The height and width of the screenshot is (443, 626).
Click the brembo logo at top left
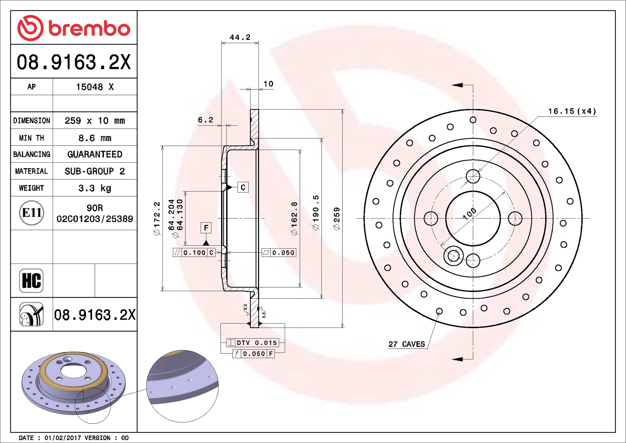click(74, 28)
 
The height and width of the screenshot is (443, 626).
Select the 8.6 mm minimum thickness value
click(95, 138)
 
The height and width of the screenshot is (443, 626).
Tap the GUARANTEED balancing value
click(95, 154)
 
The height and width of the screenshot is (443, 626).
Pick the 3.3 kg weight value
click(95, 188)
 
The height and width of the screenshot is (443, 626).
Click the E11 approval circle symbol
click(32, 213)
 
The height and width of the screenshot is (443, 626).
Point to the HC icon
click(31, 280)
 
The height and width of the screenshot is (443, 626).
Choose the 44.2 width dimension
click(240, 37)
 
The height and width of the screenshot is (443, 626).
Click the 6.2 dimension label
click(206, 120)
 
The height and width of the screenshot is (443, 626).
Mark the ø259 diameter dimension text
click(337, 219)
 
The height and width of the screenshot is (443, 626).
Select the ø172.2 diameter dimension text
click(157, 219)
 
